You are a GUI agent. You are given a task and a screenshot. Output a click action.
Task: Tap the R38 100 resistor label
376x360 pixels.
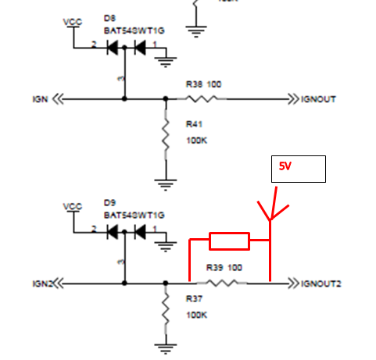point(203,83)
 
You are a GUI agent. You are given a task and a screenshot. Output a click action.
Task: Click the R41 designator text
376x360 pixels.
point(193,123)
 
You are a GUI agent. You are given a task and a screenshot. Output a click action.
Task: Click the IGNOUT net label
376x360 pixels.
point(320,99)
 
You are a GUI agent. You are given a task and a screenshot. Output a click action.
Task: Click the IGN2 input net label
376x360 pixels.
point(43,282)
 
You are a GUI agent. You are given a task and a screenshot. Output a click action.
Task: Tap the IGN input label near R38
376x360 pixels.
point(41,99)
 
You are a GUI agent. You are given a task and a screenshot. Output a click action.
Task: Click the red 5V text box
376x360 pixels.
point(297,168)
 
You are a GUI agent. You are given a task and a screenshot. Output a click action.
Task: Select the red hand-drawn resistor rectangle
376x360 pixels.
point(228,241)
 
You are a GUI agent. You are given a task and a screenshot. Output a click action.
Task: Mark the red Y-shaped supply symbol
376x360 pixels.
point(270,212)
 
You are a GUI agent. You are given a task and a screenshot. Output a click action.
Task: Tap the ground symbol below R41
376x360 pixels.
point(165,185)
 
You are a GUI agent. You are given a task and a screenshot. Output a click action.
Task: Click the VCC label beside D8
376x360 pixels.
point(72,21)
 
